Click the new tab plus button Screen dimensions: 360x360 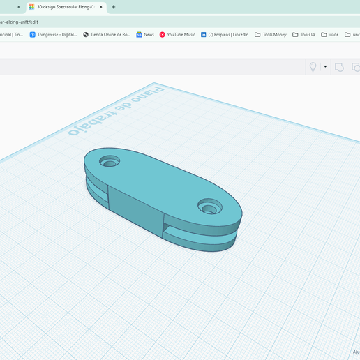tap(114, 7)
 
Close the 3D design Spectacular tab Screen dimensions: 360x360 tap(102, 7)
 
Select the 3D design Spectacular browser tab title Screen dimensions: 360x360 tap(65, 7)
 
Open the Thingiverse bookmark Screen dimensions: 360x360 tap(53, 34)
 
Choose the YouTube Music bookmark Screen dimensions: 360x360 tap(177, 34)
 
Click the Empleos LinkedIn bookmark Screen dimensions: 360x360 tap(225, 34)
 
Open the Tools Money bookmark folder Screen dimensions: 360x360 tap(271, 34)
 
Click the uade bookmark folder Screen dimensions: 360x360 tap(330, 34)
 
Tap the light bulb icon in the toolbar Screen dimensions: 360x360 tap(313, 67)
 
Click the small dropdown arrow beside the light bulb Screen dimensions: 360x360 tap(325, 67)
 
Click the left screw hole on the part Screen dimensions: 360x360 tap(109, 162)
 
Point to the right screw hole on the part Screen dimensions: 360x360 tap(209, 207)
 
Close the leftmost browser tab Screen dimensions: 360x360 tap(19, 7)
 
